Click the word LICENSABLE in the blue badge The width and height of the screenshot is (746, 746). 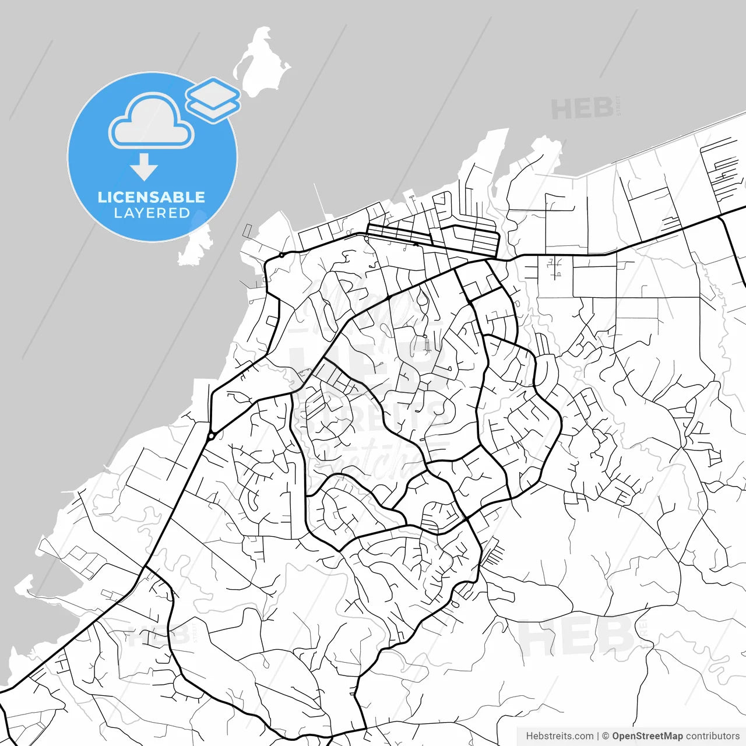click(152, 197)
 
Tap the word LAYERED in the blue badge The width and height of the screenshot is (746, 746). click(152, 213)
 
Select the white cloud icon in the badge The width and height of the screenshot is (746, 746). click(152, 122)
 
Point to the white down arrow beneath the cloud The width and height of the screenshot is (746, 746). click(144, 167)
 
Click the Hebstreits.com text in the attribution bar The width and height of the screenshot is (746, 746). click(559, 736)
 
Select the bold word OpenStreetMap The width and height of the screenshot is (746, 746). click(647, 736)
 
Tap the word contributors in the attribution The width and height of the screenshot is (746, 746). click(712, 736)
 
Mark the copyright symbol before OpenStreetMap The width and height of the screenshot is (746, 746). click(606, 736)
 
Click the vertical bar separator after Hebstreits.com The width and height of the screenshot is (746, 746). click(598, 736)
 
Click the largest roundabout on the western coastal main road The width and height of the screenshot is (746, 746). click(212, 435)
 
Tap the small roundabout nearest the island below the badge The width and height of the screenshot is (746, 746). click(281, 255)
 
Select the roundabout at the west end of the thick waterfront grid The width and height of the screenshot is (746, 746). click(365, 238)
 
